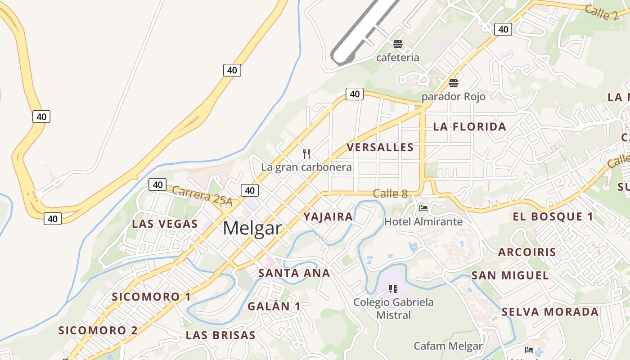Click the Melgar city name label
pos(252,228)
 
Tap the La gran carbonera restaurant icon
pos(306,154)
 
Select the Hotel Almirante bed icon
pos(423,208)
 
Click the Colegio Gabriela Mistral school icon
pos(393,288)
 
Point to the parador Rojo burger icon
pos(453,83)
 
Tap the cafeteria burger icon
pos(397,44)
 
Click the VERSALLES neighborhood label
pos(380,147)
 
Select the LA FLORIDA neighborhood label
pos(469,127)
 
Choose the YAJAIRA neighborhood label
pos(328,216)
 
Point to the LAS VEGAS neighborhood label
pos(165,224)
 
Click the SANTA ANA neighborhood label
pos(294,273)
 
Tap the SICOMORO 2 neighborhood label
pos(98,330)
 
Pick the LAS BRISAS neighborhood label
pos(220,335)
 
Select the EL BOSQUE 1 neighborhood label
pos(553,216)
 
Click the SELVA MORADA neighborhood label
pos(550,312)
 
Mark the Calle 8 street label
pos(390,194)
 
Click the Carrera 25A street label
pos(202,196)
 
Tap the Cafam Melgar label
pos(448,346)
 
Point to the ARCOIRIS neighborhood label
pos(527,252)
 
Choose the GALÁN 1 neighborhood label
pos(274,306)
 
